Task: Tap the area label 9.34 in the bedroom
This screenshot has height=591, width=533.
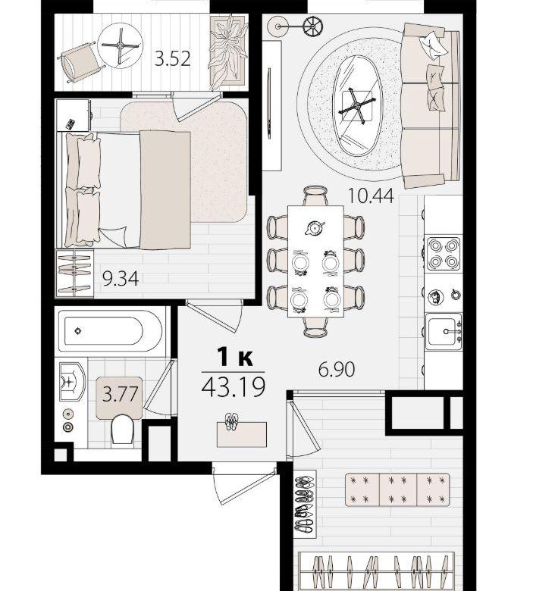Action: [121, 278]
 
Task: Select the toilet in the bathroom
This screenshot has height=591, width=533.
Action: [122, 430]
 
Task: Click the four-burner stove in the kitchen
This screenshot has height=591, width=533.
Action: [444, 254]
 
